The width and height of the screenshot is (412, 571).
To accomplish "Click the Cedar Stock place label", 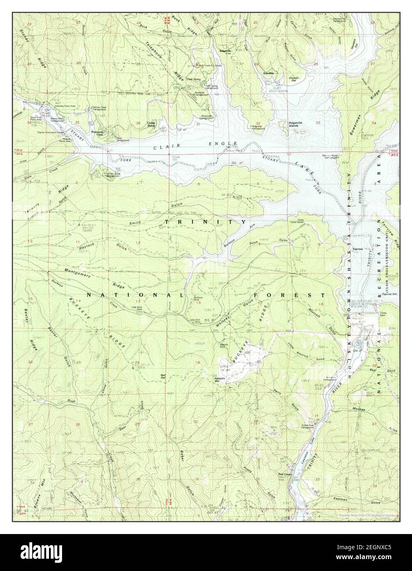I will tap(152, 124).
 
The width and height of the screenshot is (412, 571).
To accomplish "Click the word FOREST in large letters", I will tap(289, 295).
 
